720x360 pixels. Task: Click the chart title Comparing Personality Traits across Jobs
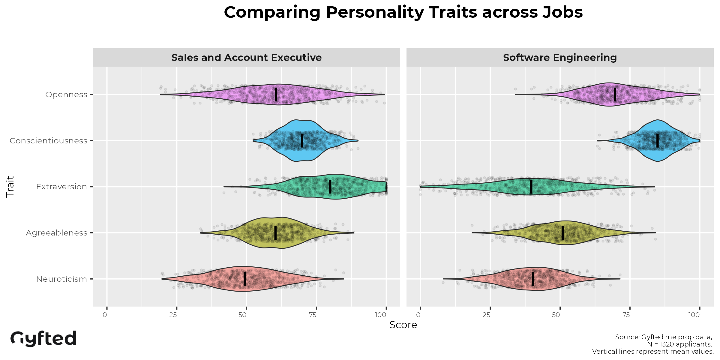pyautogui.click(x=403, y=13)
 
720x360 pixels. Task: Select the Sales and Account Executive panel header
pyautogui.click(x=246, y=57)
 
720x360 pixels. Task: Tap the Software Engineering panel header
pyautogui.click(x=560, y=57)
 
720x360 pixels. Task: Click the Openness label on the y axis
pyautogui.click(x=66, y=94)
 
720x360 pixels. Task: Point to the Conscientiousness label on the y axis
pyautogui.click(x=48, y=141)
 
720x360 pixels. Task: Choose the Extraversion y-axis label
pyautogui.click(x=61, y=187)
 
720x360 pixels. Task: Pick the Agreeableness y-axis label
pyautogui.click(x=56, y=233)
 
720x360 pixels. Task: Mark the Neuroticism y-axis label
pyautogui.click(x=61, y=279)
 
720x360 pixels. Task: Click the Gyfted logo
pyautogui.click(x=43, y=338)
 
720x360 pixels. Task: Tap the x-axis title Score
pyautogui.click(x=403, y=325)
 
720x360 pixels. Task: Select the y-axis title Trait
pyautogui.click(x=10, y=187)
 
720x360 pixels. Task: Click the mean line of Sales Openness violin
pyautogui.click(x=276, y=94)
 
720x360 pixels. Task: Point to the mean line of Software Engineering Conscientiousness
pyautogui.click(x=658, y=141)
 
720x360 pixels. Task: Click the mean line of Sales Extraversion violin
pyautogui.click(x=330, y=187)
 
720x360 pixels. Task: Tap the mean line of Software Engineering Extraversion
pyautogui.click(x=531, y=187)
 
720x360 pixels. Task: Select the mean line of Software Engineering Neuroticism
pyautogui.click(x=533, y=279)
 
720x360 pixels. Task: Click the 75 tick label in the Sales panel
pyautogui.click(x=313, y=315)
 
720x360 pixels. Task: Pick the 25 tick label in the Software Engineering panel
pyautogui.click(x=487, y=315)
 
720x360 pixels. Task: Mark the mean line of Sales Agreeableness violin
pyautogui.click(x=275, y=233)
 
